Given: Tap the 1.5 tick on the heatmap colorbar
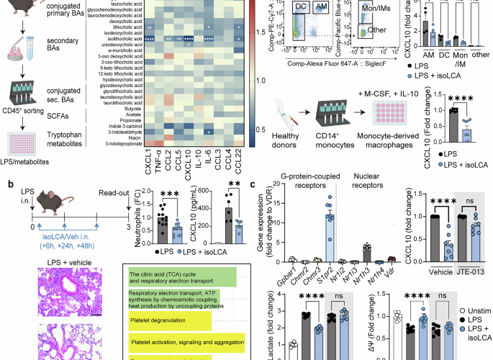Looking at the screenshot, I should pyautogui.click(x=259, y=32).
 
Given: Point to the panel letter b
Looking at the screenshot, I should pyautogui.click(x=6, y=186).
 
